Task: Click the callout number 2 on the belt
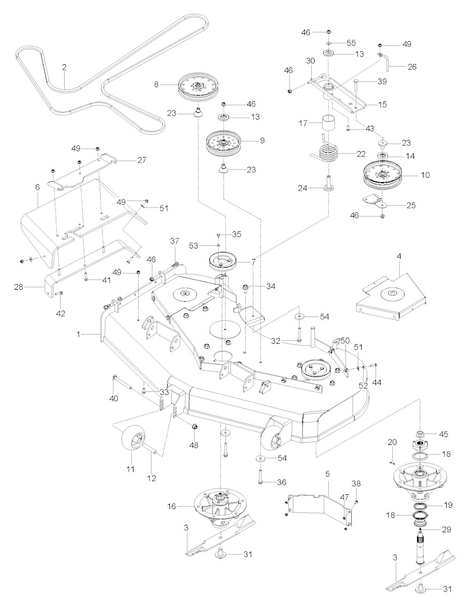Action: tap(64, 67)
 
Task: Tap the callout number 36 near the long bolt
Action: tap(281, 482)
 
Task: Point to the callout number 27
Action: tap(141, 160)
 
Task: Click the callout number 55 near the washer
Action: tap(351, 43)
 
